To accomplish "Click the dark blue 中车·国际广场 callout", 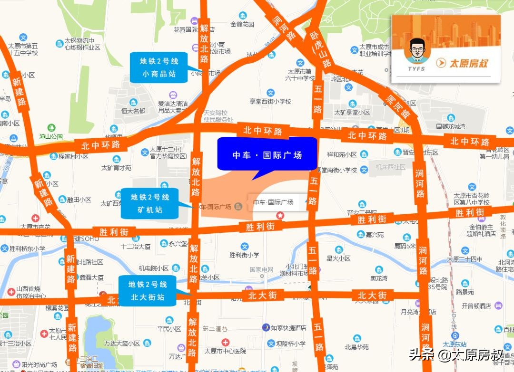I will pos(267,154).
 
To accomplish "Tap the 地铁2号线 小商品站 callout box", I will pos(158,67).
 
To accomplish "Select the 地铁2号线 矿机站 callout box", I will pos(149,203).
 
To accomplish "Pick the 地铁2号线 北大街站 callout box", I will pos(148,291).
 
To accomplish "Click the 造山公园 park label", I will pos(51,136).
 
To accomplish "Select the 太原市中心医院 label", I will pos(225,351).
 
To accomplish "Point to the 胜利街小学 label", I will pos(244,255).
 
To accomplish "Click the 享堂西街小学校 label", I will pos(270,101).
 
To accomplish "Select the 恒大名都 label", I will pos(133,111).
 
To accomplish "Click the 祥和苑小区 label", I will pos(342,154).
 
